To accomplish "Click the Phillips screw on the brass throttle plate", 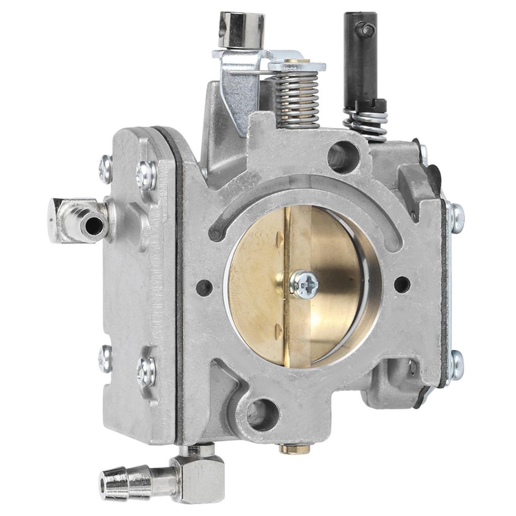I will tap(304, 284).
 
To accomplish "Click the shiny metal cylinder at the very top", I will tap(241, 29).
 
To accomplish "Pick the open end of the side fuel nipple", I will tap(93, 225).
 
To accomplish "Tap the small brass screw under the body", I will tap(295, 448).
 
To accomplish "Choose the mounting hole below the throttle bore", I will tap(263, 414).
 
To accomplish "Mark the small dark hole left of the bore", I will tap(204, 288).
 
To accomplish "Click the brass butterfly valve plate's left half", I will tap(257, 282).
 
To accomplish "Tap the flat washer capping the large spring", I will tap(297, 66).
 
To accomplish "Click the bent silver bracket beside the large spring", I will tap(237, 96).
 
